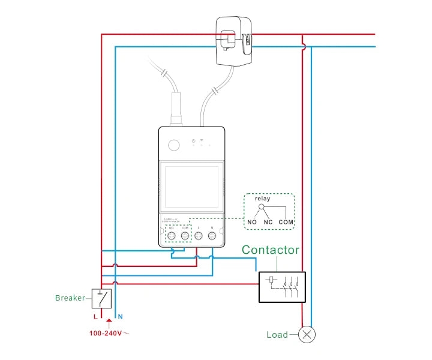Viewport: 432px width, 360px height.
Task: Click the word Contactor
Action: point(270,250)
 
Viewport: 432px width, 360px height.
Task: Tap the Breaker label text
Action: point(70,298)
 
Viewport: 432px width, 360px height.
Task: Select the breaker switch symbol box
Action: point(101,298)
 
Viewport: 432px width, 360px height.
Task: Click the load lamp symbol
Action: point(308,334)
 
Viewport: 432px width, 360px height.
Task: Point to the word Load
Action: point(277,335)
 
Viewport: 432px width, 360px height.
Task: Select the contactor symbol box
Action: point(282,287)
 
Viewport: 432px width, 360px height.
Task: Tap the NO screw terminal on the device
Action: point(171,236)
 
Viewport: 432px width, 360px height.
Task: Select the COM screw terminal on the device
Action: point(185,236)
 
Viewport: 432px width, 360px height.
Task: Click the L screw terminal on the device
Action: point(199,236)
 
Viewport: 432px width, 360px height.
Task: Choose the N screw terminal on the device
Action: point(212,236)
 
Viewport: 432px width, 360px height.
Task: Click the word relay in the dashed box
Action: point(263,199)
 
